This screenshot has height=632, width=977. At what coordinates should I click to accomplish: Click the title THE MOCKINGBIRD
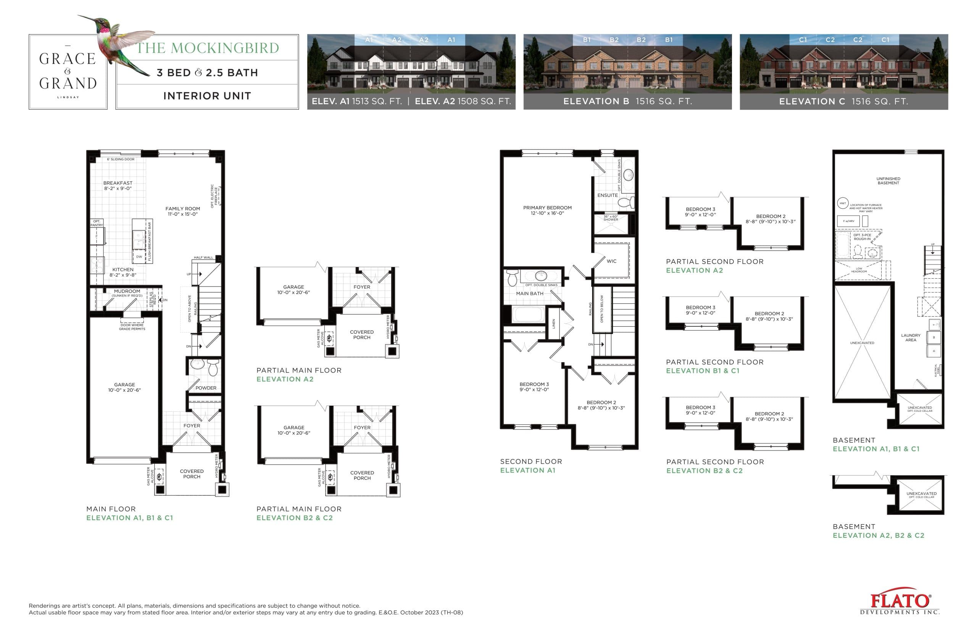(x=207, y=48)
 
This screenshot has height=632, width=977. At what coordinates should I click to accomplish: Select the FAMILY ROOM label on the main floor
(x=182, y=211)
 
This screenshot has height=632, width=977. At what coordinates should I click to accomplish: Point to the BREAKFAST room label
(x=118, y=185)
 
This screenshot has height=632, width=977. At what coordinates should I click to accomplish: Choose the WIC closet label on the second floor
(x=611, y=261)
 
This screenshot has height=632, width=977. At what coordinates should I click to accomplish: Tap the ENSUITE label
(x=607, y=195)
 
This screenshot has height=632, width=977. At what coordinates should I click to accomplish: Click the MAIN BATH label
(x=529, y=293)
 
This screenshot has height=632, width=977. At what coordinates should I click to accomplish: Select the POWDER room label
(x=206, y=388)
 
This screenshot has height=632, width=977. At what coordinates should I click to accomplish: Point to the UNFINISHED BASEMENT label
(x=888, y=181)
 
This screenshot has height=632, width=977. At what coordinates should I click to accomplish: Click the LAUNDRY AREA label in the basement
(x=911, y=337)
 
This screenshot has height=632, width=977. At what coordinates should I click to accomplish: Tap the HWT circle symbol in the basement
(x=842, y=203)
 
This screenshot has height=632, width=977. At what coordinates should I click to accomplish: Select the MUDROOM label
(x=127, y=291)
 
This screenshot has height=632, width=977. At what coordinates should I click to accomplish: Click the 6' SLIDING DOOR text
(x=121, y=159)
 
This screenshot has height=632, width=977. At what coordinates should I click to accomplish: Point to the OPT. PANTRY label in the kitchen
(x=97, y=223)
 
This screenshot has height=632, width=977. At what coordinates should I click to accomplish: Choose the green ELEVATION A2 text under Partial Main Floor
(x=285, y=379)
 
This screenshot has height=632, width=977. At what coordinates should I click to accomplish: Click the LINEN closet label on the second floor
(x=553, y=323)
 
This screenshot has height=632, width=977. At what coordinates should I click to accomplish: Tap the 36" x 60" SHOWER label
(x=610, y=218)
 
